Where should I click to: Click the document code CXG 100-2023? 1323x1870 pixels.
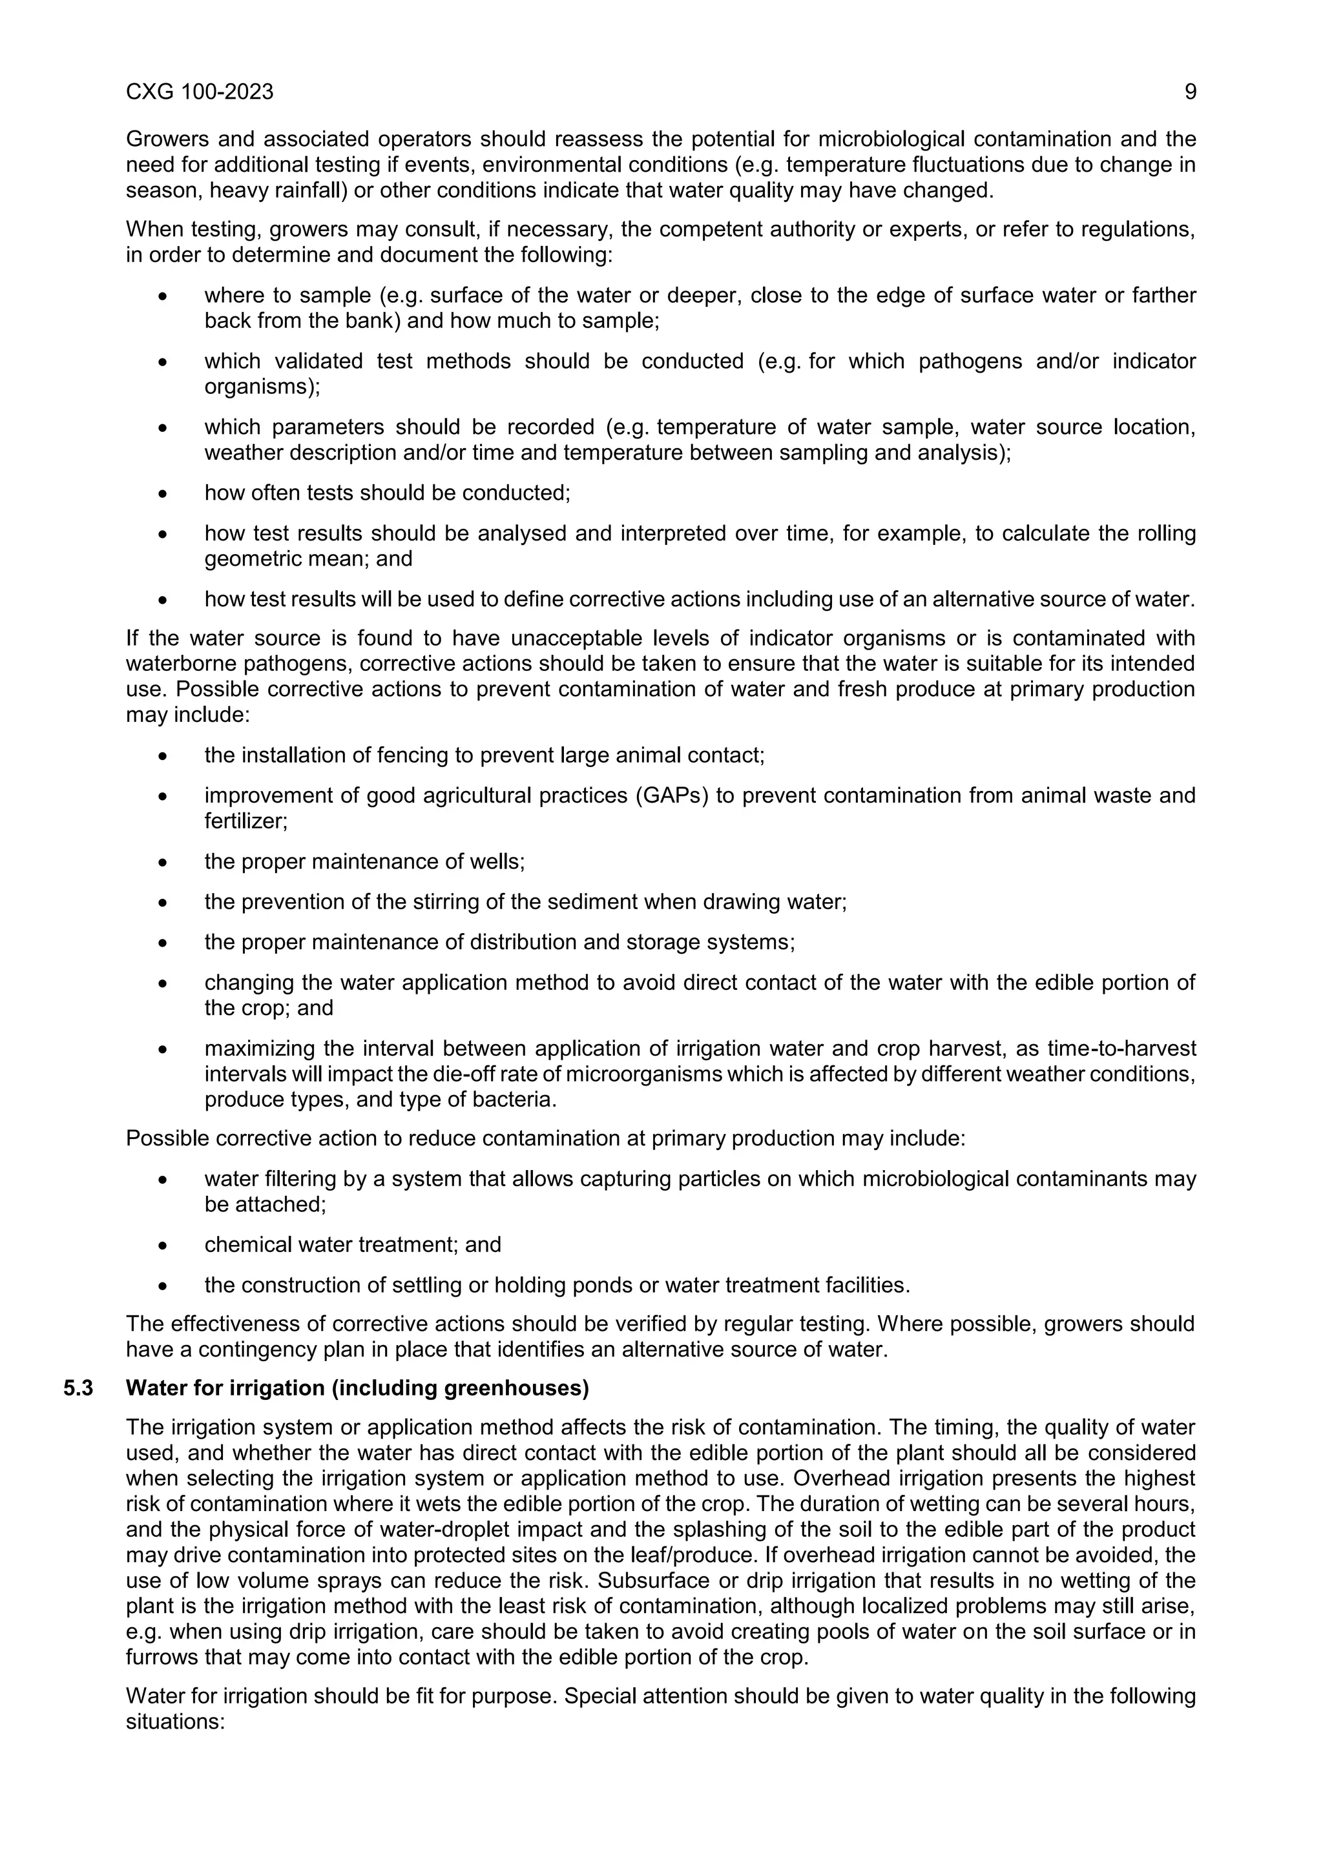(200, 92)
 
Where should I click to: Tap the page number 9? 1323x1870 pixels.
(1189, 92)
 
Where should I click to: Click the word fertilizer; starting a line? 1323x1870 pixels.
(246, 821)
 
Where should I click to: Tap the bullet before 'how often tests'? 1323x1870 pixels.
(163, 493)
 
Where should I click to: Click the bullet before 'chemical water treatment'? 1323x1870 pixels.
(163, 1246)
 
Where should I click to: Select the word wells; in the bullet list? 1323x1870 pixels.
(499, 861)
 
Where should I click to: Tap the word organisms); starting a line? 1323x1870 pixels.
(262, 387)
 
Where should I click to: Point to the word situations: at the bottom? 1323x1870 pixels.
(174, 1721)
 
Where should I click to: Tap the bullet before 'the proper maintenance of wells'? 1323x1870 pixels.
(163, 861)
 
